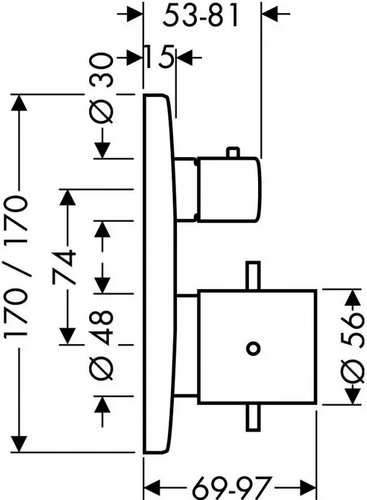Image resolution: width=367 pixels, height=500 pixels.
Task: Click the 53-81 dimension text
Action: [201, 15]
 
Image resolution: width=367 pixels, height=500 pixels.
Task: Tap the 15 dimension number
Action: [160, 57]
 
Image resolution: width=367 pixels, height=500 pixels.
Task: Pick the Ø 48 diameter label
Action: [102, 345]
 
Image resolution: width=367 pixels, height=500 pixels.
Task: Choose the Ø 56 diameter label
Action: [352, 347]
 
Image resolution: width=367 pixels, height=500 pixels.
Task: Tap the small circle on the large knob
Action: [253, 348]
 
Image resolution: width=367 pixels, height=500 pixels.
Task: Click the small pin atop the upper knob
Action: [233, 153]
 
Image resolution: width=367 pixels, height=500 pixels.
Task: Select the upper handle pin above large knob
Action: [253, 276]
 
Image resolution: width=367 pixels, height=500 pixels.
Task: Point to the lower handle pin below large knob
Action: [253, 417]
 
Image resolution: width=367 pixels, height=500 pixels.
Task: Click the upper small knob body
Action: [229, 189]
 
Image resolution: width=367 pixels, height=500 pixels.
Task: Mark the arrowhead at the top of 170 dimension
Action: [19, 103]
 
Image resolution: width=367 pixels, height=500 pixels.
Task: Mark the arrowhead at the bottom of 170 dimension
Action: [19, 444]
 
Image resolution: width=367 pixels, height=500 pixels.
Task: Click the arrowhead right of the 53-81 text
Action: [270, 14]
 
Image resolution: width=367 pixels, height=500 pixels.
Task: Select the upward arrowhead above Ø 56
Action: [352, 297]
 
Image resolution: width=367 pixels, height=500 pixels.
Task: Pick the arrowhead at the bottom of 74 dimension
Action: [67, 336]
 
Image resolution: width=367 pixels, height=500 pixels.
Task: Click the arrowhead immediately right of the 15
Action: [184, 58]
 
